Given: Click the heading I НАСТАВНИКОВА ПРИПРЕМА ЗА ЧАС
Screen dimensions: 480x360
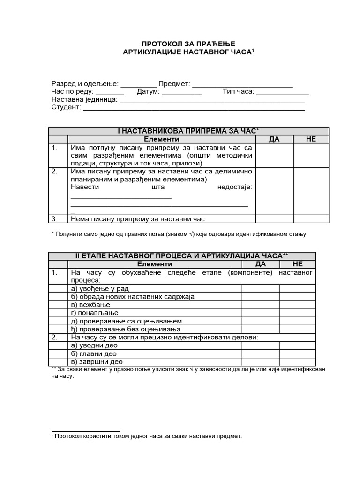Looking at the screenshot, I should click(188, 131).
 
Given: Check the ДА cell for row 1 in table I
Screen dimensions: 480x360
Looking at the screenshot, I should click(274, 155).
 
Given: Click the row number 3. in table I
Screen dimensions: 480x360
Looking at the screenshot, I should click(54, 218).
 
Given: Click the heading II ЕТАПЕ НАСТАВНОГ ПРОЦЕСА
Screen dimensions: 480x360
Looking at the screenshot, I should click(182, 256).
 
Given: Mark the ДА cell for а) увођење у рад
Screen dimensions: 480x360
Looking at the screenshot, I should click(260, 288).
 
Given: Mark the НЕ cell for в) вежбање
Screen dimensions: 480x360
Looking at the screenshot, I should click(297, 305).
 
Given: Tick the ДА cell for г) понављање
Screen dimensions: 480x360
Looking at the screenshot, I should click(260, 313).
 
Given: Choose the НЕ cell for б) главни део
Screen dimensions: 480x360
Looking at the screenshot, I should click(297, 353).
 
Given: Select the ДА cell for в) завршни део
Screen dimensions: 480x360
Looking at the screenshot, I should click(260, 362).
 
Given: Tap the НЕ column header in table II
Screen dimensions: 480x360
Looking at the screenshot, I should click(297, 264).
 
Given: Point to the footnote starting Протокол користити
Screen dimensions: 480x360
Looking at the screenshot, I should click(148, 436).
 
